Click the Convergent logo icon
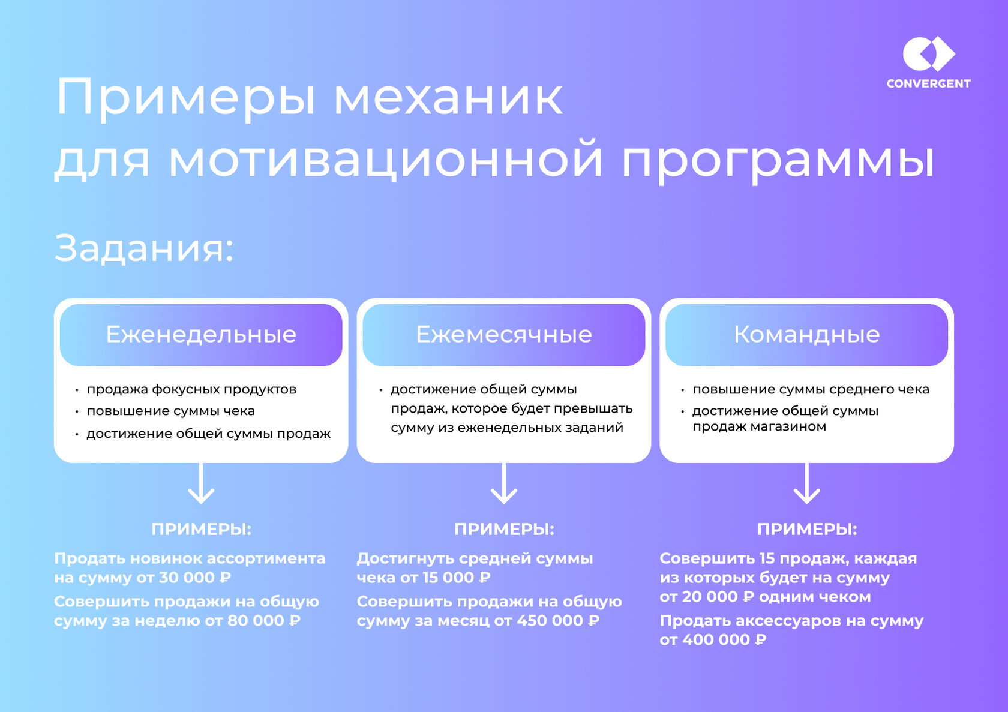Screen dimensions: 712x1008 (928, 54)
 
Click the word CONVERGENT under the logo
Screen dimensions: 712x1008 (928, 83)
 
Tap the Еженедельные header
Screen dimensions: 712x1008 (201, 335)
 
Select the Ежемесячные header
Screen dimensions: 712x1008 (504, 335)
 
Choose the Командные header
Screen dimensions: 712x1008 (806, 335)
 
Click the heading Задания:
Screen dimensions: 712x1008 (144, 248)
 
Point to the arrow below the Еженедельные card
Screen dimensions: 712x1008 (201, 484)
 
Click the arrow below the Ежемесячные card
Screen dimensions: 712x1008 (504, 484)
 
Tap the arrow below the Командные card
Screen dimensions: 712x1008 (806, 484)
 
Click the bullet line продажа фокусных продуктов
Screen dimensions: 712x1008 (191, 389)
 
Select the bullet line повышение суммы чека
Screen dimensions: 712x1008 (170, 411)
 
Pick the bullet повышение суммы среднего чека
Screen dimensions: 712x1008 (811, 389)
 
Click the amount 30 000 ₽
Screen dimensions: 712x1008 (195, 578)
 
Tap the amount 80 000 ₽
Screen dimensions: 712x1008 (263, 621)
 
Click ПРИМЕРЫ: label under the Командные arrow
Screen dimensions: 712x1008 (806, 529)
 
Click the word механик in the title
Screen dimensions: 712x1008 (448, 97)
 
